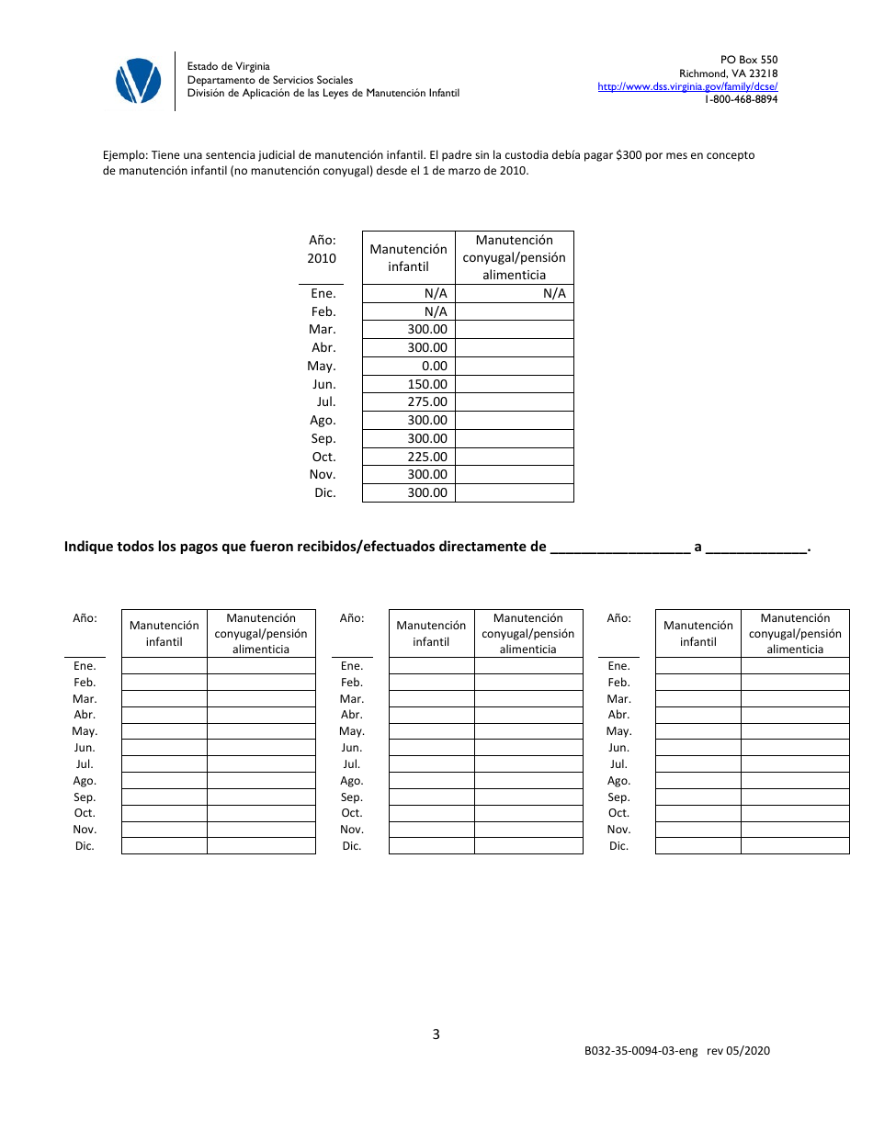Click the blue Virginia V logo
click(x=138, y=81)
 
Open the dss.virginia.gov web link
click(x=687, y=86)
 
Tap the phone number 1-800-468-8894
click(x=741, y=99)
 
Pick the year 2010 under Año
click(x=322, y=258)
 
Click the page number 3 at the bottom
click(x=436, y=1034)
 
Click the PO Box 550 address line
click(x=749, y=60)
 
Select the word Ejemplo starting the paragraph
click(x=125, y=155)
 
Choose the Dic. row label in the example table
click(x=324, y=492)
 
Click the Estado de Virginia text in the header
click(x=229, y=66)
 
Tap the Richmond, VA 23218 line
click(x=728, y=73)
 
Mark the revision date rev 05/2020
click(x=739, y=1051)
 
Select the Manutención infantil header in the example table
click(x=408, y=257)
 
